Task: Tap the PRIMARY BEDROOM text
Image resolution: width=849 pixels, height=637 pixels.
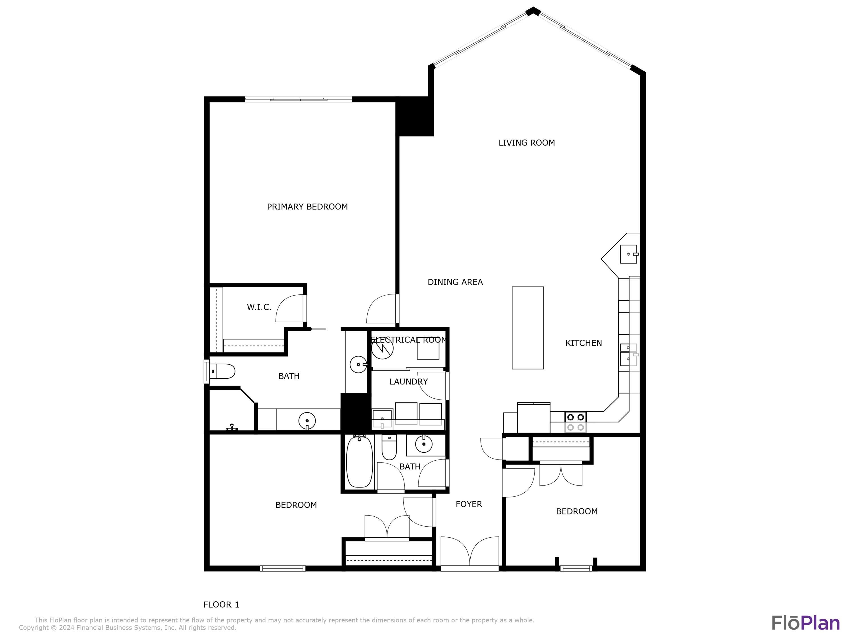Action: click(x=307, y=207)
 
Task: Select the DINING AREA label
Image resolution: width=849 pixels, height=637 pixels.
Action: click(x=455, y=282)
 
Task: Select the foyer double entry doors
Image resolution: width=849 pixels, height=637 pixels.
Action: click(x=469, y=552)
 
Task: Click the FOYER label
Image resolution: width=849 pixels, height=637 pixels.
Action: click(x=469, y=504)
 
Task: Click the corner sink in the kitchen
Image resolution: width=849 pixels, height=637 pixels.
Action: click(x=628, y=254)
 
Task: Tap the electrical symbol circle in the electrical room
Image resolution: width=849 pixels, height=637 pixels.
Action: click(x=382, y=348)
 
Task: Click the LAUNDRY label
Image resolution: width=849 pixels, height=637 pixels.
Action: click(x=408, y=382)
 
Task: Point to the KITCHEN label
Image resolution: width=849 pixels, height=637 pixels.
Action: click(x=583, y=343)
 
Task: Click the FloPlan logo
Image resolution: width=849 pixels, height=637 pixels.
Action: click(x=806, y=623)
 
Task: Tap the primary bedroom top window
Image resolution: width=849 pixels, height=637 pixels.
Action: click(x=299, y=99)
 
